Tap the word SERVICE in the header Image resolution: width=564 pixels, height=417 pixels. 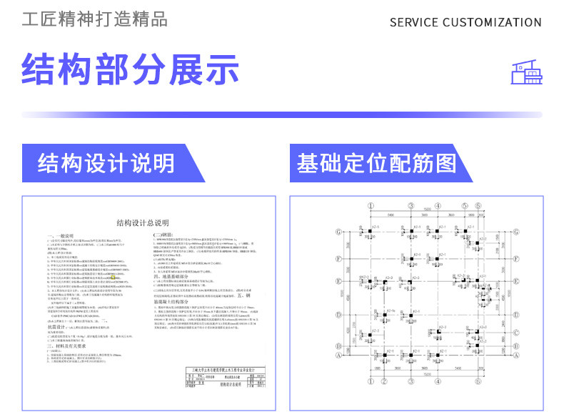tap(414, 22)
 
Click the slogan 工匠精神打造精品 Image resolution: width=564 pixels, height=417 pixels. tap(95, 19)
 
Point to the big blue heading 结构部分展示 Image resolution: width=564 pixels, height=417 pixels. tap(130, 69)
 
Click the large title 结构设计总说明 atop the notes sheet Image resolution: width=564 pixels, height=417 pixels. tap(143, 222)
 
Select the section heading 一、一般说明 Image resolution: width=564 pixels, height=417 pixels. tap(65, 235)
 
